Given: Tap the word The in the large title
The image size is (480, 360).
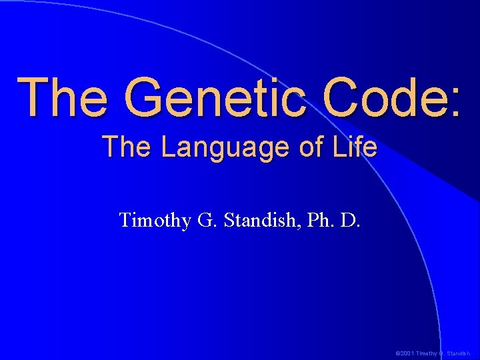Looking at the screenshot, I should point(64,98).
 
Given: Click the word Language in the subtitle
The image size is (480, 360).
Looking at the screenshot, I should point(226,147).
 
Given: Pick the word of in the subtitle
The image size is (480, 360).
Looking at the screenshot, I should point(311,147).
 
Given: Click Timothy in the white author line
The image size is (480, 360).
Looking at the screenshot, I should point(155,220).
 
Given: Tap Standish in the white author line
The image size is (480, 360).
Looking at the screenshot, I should point(257,220).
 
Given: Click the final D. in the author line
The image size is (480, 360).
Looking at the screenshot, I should point(350,220).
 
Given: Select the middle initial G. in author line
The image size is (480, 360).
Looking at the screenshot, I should point(205,220).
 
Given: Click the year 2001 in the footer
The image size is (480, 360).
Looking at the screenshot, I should point(406,353).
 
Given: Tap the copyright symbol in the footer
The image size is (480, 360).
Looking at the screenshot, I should point(397,353).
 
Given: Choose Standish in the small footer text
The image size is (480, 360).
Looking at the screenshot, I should point(458,353).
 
